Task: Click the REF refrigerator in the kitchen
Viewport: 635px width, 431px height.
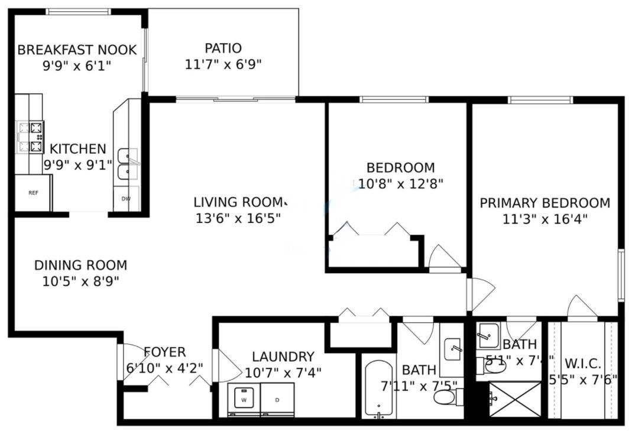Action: pos(33,193)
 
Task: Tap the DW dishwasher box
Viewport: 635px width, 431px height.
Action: pos(126,199)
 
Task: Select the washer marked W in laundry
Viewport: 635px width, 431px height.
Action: pos(244,400)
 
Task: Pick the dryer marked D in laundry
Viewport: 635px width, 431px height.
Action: pos(278,400)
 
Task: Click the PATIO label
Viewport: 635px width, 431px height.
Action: pos(223,48)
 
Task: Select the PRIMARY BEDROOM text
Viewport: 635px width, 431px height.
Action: pos(545,203)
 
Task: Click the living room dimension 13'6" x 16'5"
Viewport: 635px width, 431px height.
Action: pos(238,218)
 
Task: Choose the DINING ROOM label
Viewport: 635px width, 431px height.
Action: pos(80,265)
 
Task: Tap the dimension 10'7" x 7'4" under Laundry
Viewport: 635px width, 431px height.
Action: pos(283,372)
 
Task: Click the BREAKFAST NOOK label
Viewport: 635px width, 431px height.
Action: pos(77,50)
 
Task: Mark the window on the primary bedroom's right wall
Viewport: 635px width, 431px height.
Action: pos(621,275)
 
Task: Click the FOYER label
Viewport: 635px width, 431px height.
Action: pos(164,352)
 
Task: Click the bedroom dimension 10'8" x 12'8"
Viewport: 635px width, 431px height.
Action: pos(401,183)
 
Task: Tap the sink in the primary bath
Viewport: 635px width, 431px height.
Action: pos(488,336)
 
